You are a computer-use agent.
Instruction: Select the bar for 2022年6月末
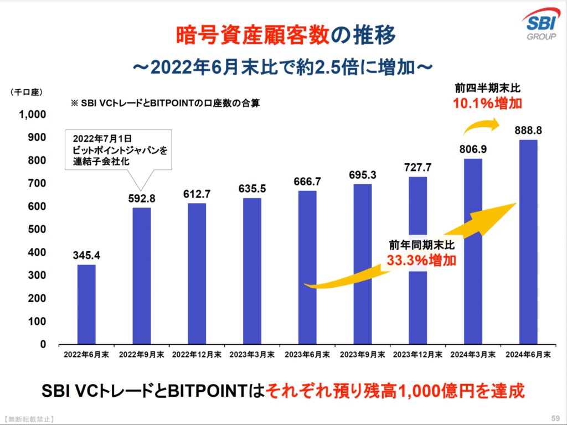[x=86, y=304]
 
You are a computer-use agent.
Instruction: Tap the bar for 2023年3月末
[x=252, y=271]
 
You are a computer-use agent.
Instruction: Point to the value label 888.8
[x=528, y=130]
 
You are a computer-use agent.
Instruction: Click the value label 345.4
[x=86, y=255]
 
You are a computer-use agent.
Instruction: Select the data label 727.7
[x=417, y=167]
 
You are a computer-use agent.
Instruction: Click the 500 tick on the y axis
[x=37, y=230]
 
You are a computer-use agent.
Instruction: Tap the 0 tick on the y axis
[x=43, y=344]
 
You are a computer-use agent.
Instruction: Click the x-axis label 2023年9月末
[x=362, y=354]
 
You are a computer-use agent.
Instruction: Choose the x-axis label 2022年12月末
[x=197, y=354]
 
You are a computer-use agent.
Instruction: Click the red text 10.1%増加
[x=488, y=103]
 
